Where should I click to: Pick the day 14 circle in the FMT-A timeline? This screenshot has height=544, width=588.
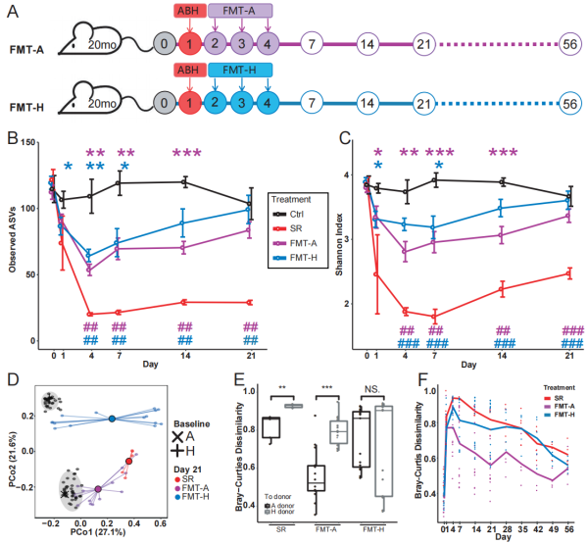[x=367, y=44]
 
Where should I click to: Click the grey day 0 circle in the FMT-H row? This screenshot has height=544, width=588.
[x=162, y=101]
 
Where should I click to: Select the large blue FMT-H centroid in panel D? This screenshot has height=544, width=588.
[x=113, y=419]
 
